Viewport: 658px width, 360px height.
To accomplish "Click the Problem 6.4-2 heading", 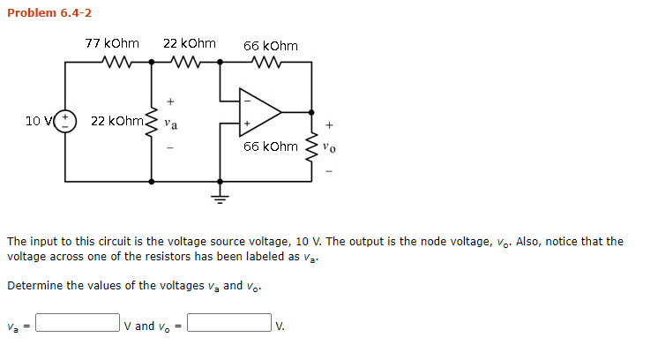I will [49, 12].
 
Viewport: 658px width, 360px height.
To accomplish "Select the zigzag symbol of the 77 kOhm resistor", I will [116, 63].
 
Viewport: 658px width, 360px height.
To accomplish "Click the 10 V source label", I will [40, 120].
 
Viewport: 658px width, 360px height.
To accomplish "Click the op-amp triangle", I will [257, 112].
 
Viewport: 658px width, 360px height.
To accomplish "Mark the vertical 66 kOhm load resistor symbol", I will [310, 148].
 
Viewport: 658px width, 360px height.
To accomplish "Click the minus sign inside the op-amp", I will [247, 100].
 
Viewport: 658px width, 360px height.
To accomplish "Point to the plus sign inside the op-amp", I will [247, 124].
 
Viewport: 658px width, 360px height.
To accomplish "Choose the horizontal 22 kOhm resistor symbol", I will [187, 63].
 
